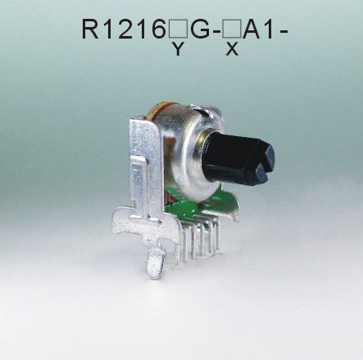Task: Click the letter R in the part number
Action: coord(92,30)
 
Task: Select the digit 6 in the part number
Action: coord(158,30)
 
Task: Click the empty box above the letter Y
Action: coord(177,31)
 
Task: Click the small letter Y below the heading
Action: coord(177,50)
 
